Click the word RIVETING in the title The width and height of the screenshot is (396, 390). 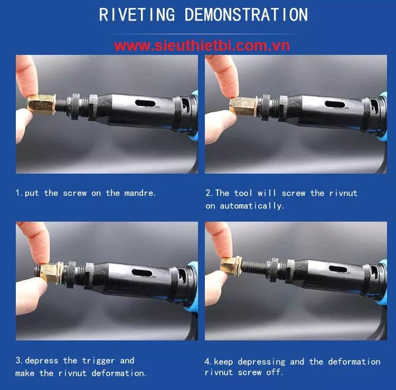pos(137,14)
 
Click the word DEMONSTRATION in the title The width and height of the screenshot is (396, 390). pos(246,14)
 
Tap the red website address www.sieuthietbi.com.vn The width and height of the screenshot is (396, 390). pos(202,46)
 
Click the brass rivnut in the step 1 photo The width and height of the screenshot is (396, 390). pos(41,104)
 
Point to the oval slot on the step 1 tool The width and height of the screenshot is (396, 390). pos(146,103)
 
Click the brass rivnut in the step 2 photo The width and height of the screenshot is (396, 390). pos(243,106)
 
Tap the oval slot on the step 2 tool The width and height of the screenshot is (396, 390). pos(335,104)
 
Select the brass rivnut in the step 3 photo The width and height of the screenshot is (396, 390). pos(52,273)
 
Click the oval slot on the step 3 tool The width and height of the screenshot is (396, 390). pos(142,273)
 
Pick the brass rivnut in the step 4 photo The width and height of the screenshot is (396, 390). pos(231,267)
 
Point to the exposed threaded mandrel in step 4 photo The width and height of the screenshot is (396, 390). pos(253,268)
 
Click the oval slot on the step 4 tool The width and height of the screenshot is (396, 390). pos(338,269)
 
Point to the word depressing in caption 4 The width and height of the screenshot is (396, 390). pos(261,362)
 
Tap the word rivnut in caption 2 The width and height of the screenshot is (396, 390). pos(343,193)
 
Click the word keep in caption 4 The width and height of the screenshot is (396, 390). pos(223,362)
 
